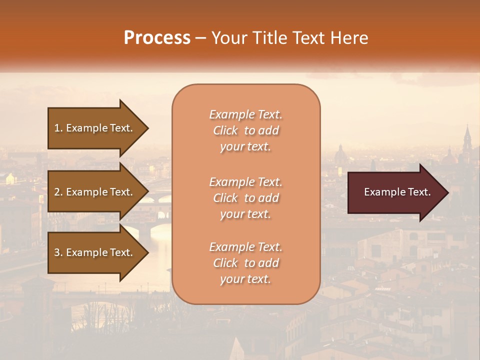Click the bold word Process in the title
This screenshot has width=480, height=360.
(157, 38)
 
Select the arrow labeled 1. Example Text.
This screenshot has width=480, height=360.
(95, 128)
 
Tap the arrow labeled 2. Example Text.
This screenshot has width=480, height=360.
(95, 192)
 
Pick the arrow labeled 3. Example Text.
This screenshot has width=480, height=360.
(95, 252)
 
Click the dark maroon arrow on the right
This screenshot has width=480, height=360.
(395, 192)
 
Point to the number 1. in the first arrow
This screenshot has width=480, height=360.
(58, 128)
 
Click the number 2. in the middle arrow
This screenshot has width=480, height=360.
(58, 192)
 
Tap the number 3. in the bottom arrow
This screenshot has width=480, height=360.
(58, 252)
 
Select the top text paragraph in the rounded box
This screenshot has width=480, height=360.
(245, 130)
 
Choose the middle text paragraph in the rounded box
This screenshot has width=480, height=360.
(245, 198)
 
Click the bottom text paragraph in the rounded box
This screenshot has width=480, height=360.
(245, 263)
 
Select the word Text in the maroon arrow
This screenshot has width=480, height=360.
(418, 192)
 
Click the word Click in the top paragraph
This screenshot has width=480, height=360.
(225, 130)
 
